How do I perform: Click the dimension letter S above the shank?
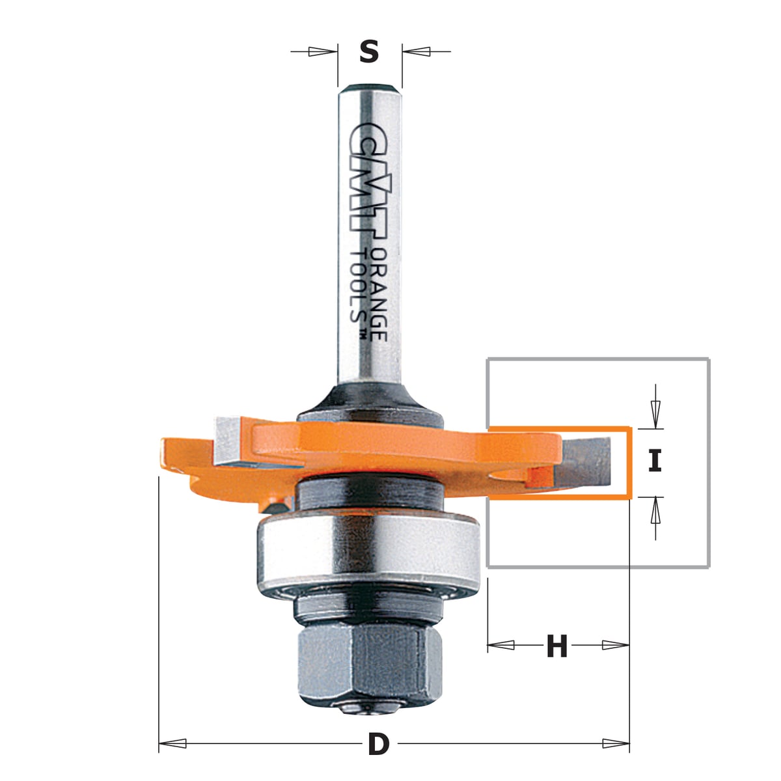(x=369, y=52)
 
